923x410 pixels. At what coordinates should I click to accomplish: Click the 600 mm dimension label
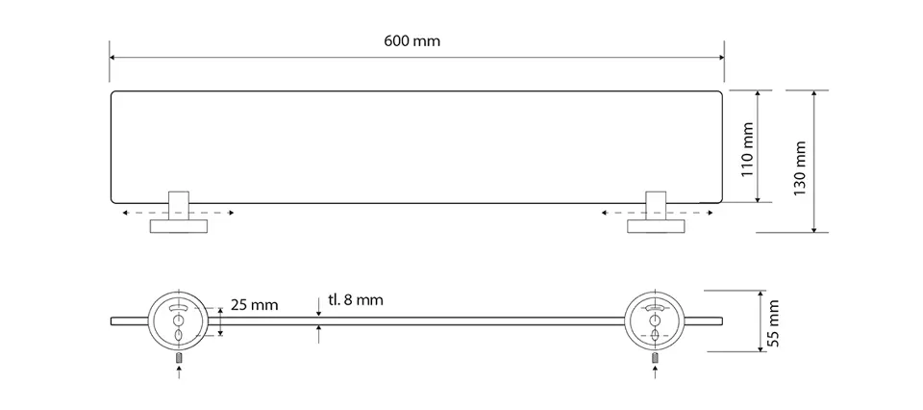[x=412, y=41]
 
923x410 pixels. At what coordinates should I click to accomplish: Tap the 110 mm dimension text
[x=747, y=149]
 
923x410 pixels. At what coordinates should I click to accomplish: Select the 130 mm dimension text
[x=799, y=168]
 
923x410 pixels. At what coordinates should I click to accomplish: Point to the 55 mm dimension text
[x=773, y=322]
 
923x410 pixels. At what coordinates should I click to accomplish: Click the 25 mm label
[x=254, y=305]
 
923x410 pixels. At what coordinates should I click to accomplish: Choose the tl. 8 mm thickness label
[x=356, y=300]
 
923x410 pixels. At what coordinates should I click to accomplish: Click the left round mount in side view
[x=177, y=321]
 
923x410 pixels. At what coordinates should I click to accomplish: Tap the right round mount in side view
[x=655, y=321]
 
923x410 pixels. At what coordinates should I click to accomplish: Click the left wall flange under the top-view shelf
[x=179, y=226]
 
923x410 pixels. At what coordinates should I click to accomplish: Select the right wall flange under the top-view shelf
[x=656, y=226]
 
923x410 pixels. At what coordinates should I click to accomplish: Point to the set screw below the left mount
[x=179, y=358]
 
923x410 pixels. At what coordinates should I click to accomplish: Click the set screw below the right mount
[x=656, y=358]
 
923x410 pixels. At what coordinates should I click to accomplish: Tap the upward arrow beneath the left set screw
[x=179, y=372]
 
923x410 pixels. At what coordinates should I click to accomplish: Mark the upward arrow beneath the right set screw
[x=656, y=372]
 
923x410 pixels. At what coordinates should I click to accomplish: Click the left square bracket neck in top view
[x=179, y=205]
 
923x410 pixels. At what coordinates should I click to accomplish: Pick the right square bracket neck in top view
[x=656, y=205]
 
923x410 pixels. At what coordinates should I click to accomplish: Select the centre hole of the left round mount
[x=178, y=320]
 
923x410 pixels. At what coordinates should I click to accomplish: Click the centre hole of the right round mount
[x=654, y=320]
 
